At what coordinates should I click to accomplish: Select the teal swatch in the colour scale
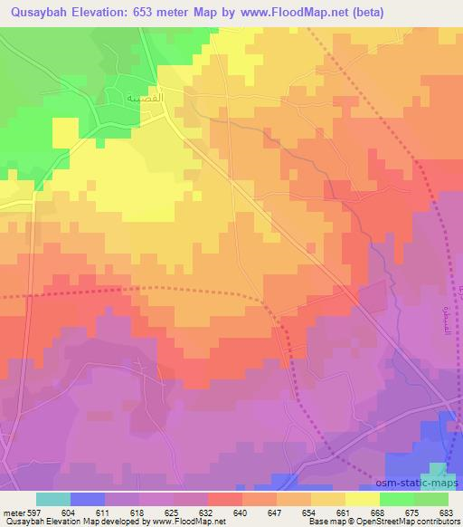pos(53,499)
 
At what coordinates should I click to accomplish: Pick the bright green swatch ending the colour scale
pos(431,499)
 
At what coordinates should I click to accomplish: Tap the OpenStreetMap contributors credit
pos(416,522)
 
